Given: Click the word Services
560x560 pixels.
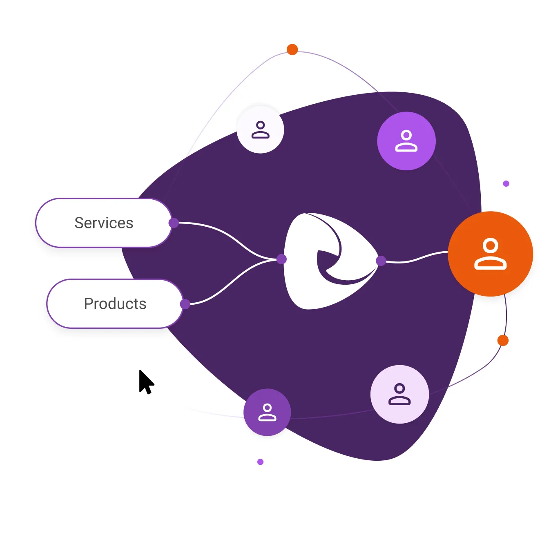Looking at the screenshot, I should point(104,223).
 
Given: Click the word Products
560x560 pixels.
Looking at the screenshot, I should point(115,304).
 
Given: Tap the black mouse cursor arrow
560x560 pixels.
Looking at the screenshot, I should point(145,382).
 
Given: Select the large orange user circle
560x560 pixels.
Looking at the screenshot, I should point(490,254).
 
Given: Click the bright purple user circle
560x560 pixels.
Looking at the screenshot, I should point(406,141).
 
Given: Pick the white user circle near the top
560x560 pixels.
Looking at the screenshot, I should point(260,130).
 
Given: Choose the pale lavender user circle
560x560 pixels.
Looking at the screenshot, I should point(399,394).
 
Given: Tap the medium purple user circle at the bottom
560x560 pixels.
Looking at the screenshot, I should point(267,412).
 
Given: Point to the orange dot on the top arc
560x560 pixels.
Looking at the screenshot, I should point(292,49).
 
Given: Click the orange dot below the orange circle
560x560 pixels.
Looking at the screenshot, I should point(503,340).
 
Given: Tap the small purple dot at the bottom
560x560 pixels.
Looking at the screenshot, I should point(260,462).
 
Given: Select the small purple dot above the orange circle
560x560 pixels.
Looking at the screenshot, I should point(506,183).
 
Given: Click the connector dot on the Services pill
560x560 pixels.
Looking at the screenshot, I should point(174,223).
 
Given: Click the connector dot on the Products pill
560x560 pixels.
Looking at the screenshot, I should point(185,304).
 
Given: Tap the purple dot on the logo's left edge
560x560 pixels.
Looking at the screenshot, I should point(281,259).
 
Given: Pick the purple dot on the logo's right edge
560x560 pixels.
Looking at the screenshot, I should point(381,261).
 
